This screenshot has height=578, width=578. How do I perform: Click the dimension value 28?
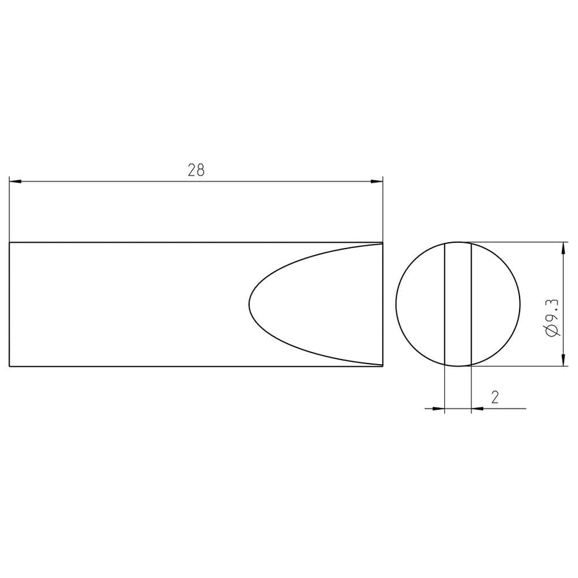(x=196, y=170)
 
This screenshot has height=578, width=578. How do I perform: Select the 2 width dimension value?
(x=495, y=397)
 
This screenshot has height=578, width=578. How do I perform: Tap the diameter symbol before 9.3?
(x=552, y=331)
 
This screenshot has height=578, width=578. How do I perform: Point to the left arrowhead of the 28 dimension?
(x=15, y=181)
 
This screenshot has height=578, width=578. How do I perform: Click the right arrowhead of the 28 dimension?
(x=377, y=181)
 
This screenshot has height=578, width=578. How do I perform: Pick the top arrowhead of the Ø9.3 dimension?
(x=563, y=249)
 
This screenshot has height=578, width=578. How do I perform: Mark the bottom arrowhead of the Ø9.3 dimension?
(x=563, y=360)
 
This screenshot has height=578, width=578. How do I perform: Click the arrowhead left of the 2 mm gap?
(x=439, y=408)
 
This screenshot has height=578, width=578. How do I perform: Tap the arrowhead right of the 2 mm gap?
(x=477, y=408)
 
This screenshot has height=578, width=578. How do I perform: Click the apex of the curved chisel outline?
(x=250, y=304)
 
